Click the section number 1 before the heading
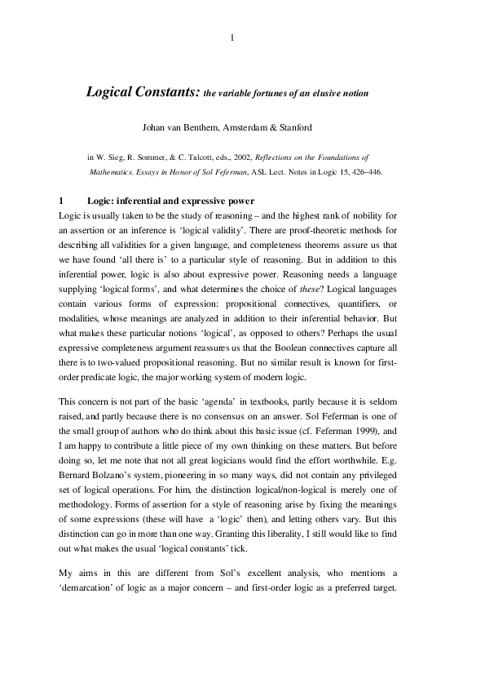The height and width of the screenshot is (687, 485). point(61,201)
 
